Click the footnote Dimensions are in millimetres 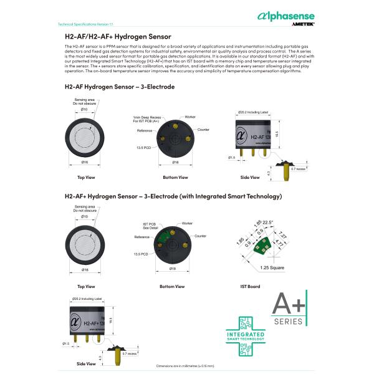coord(184,366)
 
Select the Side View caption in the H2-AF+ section coord(85,363)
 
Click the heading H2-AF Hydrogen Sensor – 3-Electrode coord(119,87)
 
